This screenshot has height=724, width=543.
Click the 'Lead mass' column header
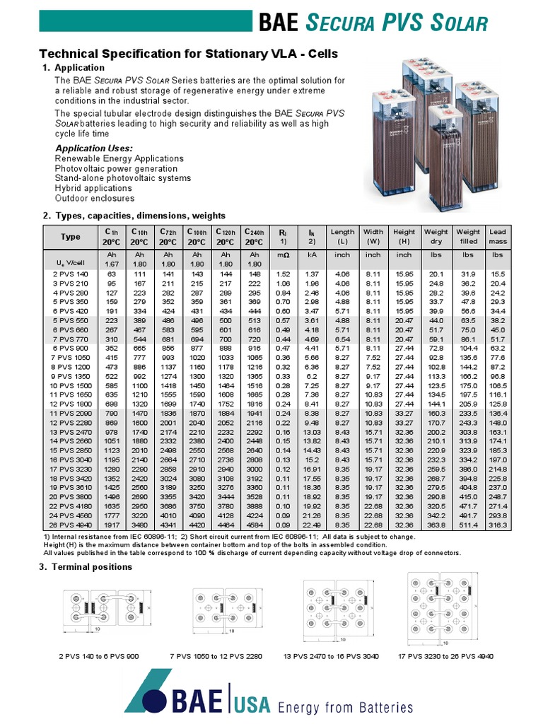coord(498,236)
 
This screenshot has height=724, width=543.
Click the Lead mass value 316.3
coord(498,524)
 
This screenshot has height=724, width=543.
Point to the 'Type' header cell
coord(71,236)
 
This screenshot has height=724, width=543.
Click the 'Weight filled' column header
coord(468,236)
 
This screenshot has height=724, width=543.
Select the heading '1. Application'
coord(80,68)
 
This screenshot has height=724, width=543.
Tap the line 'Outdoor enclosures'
coord(94,199)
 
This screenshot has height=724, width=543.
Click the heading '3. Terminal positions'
coord(88,566)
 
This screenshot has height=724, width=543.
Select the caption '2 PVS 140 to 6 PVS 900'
coord(104,656)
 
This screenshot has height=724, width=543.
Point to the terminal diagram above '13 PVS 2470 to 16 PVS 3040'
coord(332,609)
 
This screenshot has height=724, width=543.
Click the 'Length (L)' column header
coord(342,236)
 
